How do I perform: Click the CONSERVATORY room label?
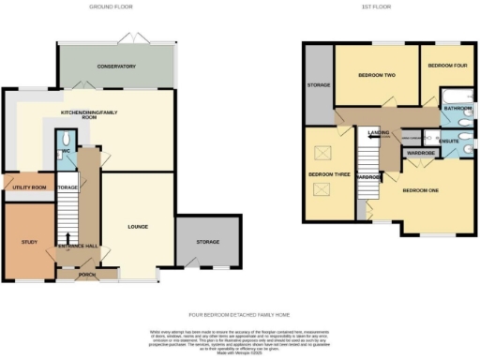coord(116,67)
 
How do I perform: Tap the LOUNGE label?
coord(137,226)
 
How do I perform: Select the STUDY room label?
coord(28,242)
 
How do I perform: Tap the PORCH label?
coord(88,275)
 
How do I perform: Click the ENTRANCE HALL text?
coord(77,247)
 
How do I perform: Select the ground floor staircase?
coord(67,220)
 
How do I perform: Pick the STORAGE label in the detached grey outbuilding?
coord(207,242)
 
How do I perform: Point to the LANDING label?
coord(378,133)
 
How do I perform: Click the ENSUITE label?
coord(449,141)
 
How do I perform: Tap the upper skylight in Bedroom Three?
coord(328,150)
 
